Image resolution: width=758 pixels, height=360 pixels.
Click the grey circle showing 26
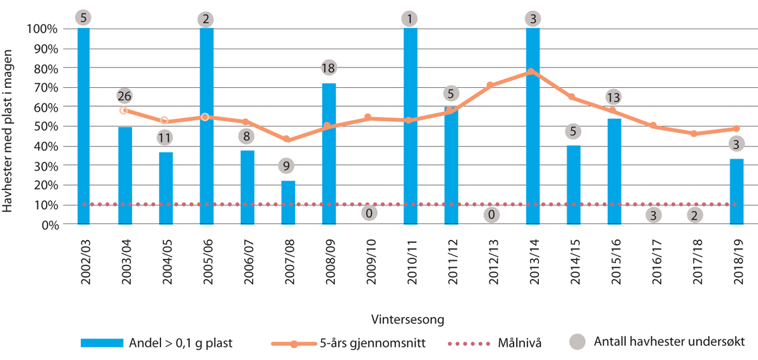125,97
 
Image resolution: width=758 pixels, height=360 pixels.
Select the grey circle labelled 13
613,97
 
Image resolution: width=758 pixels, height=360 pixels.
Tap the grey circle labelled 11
165,137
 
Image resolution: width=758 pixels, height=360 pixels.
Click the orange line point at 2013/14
532,71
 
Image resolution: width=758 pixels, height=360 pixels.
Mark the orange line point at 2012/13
491,85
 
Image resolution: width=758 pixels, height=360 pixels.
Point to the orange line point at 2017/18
695,133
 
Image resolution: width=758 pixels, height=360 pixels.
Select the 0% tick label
51,225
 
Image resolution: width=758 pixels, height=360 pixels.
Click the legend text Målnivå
520,343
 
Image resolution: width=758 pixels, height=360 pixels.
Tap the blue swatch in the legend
102,343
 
